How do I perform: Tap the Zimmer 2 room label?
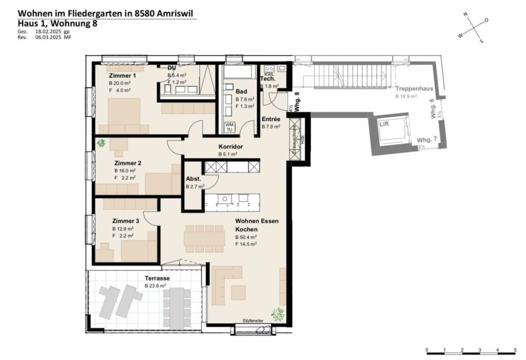tap(125, 163)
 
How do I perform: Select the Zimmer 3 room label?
tap(125, 221)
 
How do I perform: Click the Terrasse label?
tap(156, 278)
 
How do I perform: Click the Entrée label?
tap(270, 119)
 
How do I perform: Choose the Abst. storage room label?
tap(193, 179)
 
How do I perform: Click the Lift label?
tap(385, 124)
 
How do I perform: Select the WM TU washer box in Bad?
tap(229, 127)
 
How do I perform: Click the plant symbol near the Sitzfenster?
tap(277, 315)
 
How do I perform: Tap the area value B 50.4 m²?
tap(246, 237)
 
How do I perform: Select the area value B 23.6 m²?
tap(156, 286)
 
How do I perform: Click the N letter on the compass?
tap(465, 15)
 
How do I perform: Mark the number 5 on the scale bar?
tap(514, 349)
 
